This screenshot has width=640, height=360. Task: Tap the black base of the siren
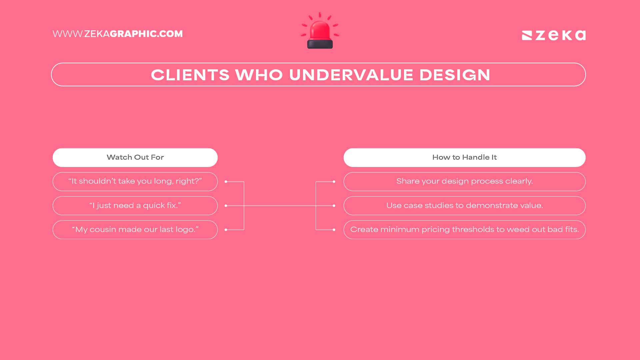click(320, 44)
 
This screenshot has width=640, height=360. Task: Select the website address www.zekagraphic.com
click(117, 34)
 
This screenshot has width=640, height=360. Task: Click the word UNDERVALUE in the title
click(351, 75)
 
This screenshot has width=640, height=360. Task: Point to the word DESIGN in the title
click(455, 75)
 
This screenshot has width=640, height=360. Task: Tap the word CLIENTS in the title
click(190, 75)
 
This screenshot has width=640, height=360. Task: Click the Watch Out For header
click(135, 157)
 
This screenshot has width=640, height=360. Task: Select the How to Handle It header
click(464, 157)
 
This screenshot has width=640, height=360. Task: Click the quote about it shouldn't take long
click(135, 181)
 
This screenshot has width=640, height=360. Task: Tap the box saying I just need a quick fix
click(135, 206)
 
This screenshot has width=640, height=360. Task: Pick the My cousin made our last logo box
click(135, 230)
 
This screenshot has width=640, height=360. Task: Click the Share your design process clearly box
click(464, 181)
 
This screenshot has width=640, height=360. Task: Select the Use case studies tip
click(464, 206)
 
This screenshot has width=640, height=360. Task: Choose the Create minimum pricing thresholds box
click(464, 230)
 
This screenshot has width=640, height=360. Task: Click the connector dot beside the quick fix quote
click(226, 206)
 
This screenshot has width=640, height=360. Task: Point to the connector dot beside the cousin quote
click(226, 230)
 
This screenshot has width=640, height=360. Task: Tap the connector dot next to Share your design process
click(334, 182)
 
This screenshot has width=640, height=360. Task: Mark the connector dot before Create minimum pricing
click(334, 230)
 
